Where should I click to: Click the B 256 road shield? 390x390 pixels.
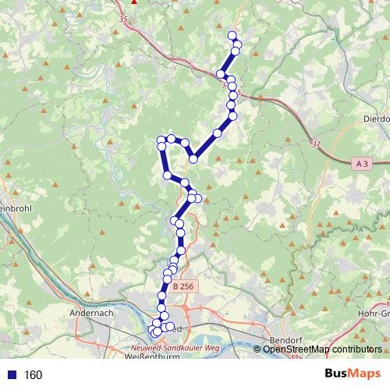click(x=183, y=286)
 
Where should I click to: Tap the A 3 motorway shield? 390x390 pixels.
click(x=361, y=164)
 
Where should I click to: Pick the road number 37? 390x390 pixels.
click(x=315, y=144)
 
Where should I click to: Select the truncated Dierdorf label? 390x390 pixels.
click(x=376, y=119)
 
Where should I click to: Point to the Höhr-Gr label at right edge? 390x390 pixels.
click(x=374, y=314)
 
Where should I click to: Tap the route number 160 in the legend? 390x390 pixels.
click(x=33, y=375)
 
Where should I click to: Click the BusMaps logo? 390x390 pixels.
click(x=353, y=374)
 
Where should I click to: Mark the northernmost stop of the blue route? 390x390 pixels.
click(x=232, y=35)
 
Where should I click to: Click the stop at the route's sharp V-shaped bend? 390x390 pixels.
click(x=193, y=160)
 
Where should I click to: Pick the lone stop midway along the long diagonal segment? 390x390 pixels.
click(x=218, y=133)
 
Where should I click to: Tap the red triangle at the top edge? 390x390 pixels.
click(x=134, y=2)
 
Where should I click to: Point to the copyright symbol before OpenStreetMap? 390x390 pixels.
click(x=259, y=349)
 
